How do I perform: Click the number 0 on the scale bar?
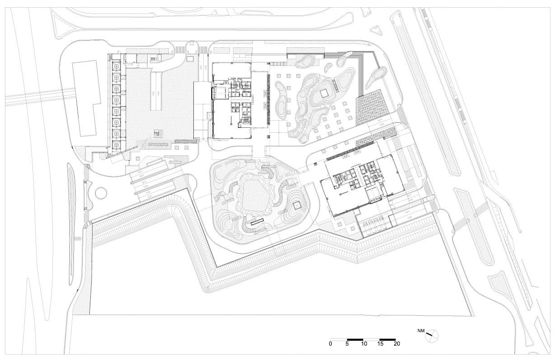tap(331, 344)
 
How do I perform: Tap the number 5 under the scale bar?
tap(347, 344)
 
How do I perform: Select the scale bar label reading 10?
tap(364, 344)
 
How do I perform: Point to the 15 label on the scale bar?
tap(380, 344)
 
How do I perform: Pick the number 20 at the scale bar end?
tap(397, 344)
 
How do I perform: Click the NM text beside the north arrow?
tap(421, 331)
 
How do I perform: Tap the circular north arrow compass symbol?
tap(432, 335)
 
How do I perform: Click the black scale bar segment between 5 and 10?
tap(355, 340)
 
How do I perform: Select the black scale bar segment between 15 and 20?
tap(387, 340)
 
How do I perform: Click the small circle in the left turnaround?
tap(101, 193)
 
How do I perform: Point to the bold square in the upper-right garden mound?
tap(324, 94)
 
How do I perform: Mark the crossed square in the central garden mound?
tap(297, 206)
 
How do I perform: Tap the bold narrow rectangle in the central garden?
tap(257, 221)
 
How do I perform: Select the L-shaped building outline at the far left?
tap(86, 98)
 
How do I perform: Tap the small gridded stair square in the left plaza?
tap(158, 134)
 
